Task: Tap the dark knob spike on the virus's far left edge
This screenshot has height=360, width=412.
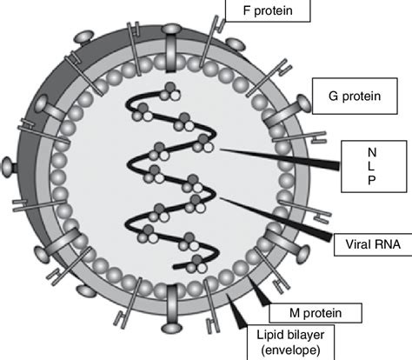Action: coord(9,163)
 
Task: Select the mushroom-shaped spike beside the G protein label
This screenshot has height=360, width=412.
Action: coord(298,103)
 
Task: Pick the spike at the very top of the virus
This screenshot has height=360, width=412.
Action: coord(170,37)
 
